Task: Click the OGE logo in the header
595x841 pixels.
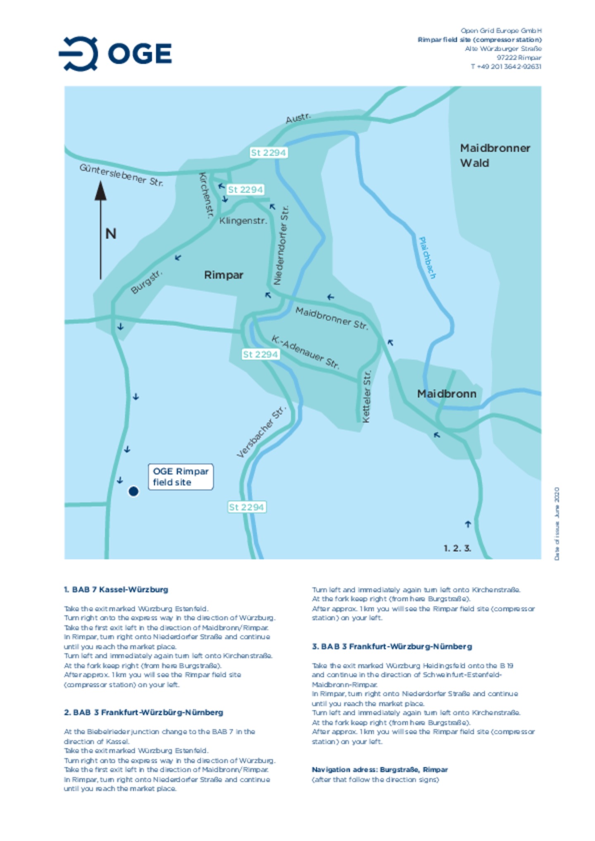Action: pos(115,54)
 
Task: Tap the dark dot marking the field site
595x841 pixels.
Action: pos(133,491)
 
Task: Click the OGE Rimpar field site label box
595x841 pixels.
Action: pos(181,477)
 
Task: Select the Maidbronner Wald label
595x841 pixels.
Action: pos(495,155)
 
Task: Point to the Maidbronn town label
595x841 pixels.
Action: pos(446,394)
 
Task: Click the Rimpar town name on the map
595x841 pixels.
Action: pos(224,275)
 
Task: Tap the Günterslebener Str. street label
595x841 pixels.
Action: pos(121,175)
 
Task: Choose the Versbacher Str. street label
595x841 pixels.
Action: pos(261,432)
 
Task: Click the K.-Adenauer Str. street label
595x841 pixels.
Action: pos(305,352)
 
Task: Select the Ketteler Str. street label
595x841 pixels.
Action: pos(367,396)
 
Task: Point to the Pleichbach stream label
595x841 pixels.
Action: pos(427,257)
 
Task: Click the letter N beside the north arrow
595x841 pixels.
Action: pos(111,234)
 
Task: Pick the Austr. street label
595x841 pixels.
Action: pos(298,118)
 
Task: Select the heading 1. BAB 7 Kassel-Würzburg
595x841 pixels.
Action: pos(116,589)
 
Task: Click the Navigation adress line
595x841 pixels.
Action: pos(380,769)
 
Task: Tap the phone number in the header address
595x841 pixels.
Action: pos(506,66)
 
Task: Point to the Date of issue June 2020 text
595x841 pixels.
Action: pos(557,524)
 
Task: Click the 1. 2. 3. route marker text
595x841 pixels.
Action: pos(457,548)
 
